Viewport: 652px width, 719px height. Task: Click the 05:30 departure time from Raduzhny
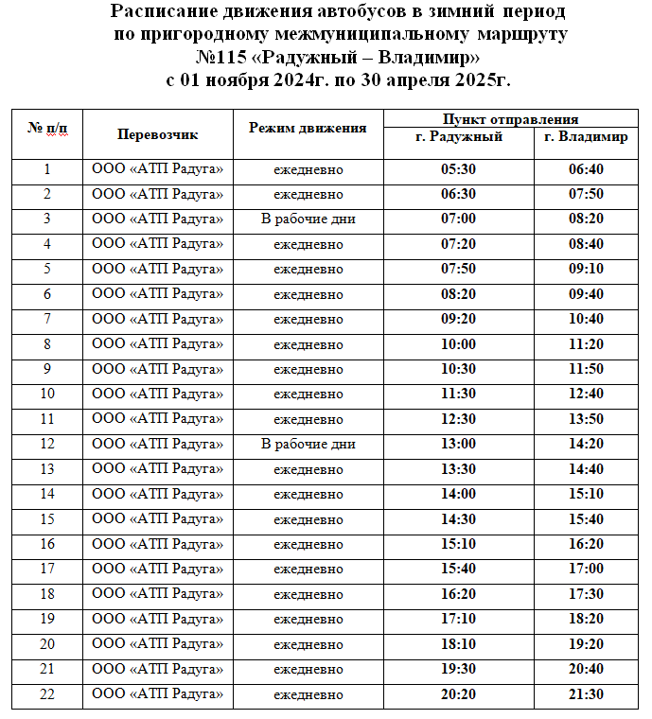click(458, 170)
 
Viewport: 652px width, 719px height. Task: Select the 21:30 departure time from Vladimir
click(586, 694)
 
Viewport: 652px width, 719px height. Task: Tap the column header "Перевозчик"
click(157, 133)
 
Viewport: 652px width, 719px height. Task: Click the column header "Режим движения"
click(308, 128)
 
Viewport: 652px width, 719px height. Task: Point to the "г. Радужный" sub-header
click(459, 137)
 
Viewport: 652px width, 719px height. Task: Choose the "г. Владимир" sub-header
click(587, 137)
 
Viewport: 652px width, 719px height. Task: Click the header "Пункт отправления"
click(511, 119)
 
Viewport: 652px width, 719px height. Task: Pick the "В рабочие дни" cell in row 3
click(308, 219)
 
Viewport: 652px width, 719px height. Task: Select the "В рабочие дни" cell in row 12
click(308, 445)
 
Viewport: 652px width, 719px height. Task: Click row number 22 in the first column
click(47, 694)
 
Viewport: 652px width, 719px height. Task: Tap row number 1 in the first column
click(47, 170)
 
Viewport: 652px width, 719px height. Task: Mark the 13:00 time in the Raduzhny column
click(458, 445)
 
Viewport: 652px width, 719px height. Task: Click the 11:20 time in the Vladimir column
click(586, 344)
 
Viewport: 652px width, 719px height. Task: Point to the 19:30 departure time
click(458, 670)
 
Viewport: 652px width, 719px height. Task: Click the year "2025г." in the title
click(481, 79)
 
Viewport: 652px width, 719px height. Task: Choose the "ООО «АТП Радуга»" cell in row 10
click(157, 395)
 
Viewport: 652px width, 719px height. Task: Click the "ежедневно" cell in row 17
click(308, 570)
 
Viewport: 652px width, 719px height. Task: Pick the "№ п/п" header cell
click(47, 128)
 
